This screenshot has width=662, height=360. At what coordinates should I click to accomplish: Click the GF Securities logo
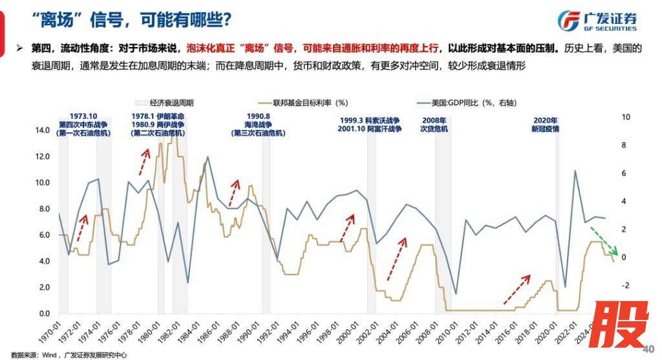pos(597,21)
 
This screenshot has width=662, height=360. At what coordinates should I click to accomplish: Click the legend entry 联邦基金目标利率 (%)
pos(304,103)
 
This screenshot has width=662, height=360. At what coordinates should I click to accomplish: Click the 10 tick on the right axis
pos(626,117)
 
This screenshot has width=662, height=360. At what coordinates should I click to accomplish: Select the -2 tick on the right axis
pos(625,286)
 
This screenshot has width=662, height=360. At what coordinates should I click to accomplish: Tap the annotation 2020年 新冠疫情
pos(545,124)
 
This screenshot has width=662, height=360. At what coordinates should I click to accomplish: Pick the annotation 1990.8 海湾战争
pos(254,124)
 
